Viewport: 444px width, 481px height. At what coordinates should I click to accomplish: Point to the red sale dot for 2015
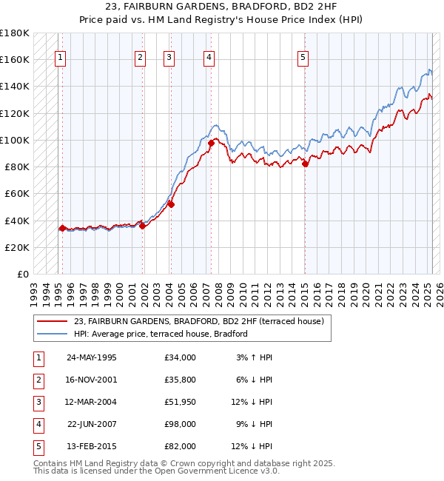305,164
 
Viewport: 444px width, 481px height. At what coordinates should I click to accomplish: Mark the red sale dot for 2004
170,204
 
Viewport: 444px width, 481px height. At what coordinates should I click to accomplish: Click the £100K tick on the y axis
15,140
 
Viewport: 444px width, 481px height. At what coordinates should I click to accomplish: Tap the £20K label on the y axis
17,247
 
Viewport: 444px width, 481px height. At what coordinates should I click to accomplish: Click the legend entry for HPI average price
160,334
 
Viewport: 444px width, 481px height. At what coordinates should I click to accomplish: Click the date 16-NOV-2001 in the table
91,380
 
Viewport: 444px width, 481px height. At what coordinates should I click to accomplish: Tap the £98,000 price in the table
181,424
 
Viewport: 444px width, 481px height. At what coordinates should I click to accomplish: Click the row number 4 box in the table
38,424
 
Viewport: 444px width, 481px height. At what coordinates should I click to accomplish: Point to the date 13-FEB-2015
91,446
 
